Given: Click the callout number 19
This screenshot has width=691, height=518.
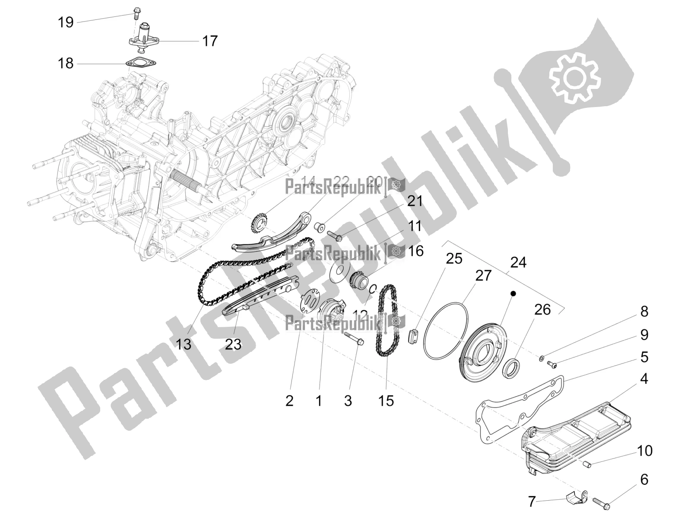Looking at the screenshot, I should coord(66,22).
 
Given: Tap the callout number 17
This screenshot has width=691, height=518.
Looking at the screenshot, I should coord(210,41).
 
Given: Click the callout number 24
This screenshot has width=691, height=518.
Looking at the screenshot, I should coord(518,262).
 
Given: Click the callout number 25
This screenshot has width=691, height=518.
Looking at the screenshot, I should coord(454,259).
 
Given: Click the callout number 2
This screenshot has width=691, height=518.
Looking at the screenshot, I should coord(289,401).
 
